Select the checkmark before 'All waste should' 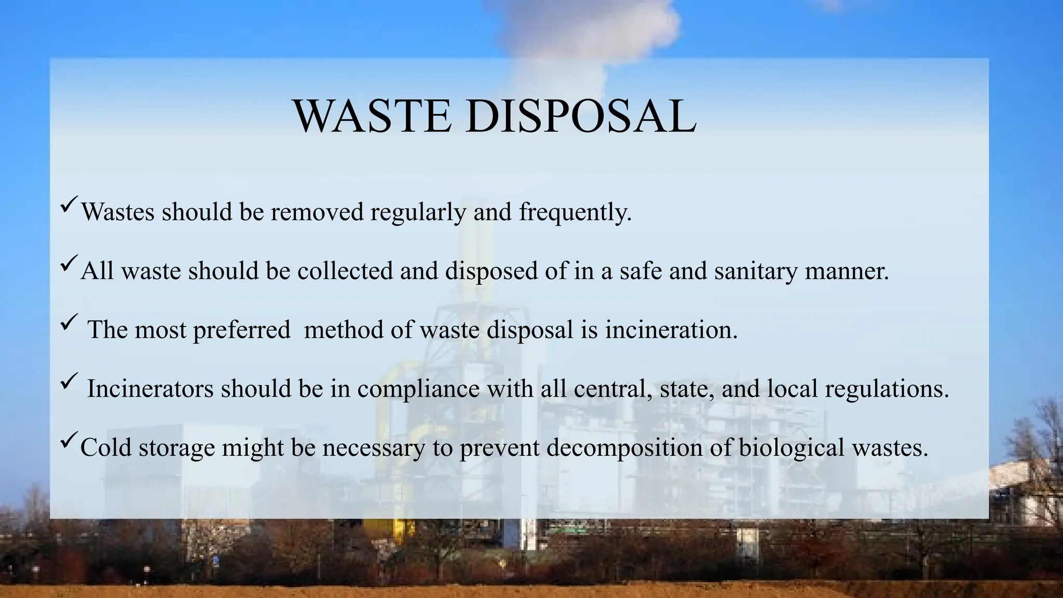(x=69, y=262)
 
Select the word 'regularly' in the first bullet (x=418, y=212)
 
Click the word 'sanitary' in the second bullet (x=755, y=271)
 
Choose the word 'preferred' (x=241, y=331)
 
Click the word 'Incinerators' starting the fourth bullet (x=150, y=389)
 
